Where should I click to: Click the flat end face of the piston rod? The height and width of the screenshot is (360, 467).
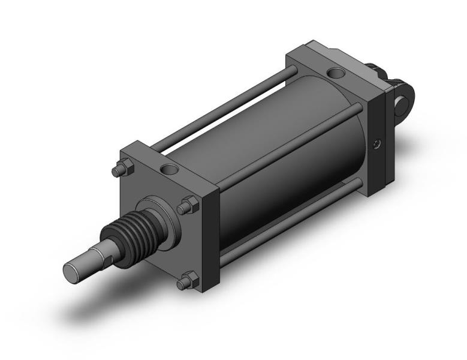(x=73, y=271)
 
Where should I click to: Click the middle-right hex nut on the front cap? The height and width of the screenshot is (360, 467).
(x=186, y=206)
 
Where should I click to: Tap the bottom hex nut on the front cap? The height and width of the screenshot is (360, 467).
(x=188, y=280)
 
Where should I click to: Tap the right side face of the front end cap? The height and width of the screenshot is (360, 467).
(x=210, y=240)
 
